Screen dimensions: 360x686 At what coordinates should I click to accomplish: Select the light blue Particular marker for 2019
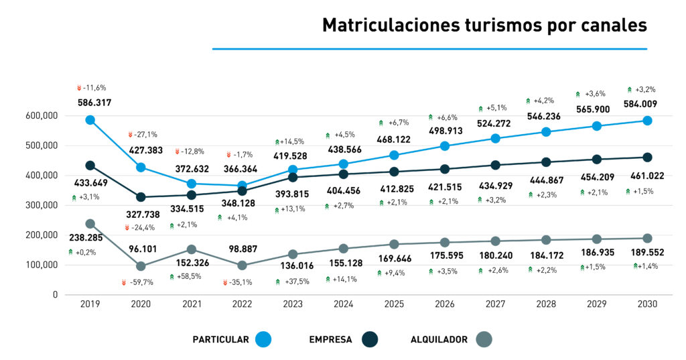pos(90,120)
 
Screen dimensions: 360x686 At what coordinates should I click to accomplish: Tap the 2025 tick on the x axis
pos(394,304)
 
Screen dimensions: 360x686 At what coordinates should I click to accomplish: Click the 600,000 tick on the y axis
pos(42,116)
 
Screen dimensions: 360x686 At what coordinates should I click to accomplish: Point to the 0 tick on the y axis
pos(54,295)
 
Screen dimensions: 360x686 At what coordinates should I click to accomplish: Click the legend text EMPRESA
pos(330,339)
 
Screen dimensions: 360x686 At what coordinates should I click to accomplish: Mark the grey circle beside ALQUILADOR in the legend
pos(482,339)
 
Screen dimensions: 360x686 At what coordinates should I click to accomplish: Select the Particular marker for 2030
pos(647,121)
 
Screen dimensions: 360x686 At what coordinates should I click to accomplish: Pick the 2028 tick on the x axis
pos(546,304)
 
